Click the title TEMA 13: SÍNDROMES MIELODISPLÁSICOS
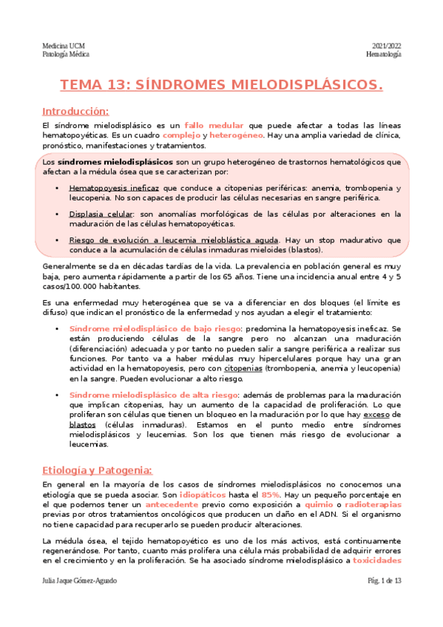(221, 85)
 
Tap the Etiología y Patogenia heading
(97, 470)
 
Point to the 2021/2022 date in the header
(385, 46)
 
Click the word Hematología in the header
(384, 55)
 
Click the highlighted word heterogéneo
(237, 136)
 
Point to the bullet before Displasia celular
(58, 214)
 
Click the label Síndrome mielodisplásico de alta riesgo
(152, 395)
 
